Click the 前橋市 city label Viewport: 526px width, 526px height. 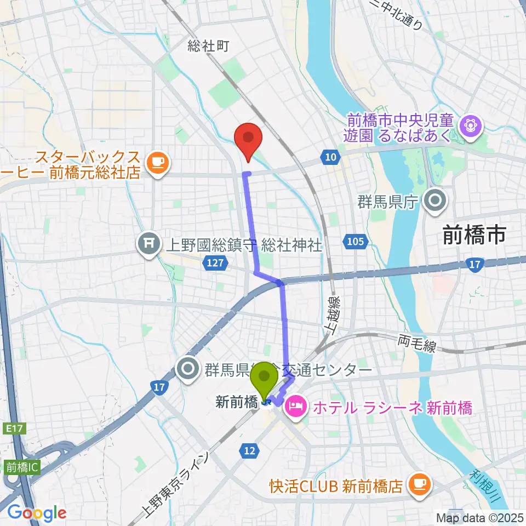474,236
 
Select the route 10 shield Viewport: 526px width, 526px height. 329,158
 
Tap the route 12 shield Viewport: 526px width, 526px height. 249,450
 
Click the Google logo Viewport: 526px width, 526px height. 36,513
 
